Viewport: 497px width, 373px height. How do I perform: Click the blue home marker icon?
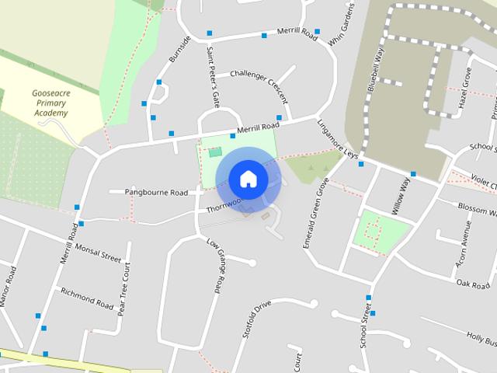(248, 179)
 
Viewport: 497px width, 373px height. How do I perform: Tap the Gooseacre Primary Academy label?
(51, 103)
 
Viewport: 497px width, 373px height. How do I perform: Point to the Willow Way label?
(401, 194)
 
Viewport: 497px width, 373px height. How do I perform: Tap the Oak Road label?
(472, 284)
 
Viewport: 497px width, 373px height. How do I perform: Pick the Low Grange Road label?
(217, 264)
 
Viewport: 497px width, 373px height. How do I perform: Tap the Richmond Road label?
(87, 296)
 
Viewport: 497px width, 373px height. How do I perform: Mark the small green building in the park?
(214, 152)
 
